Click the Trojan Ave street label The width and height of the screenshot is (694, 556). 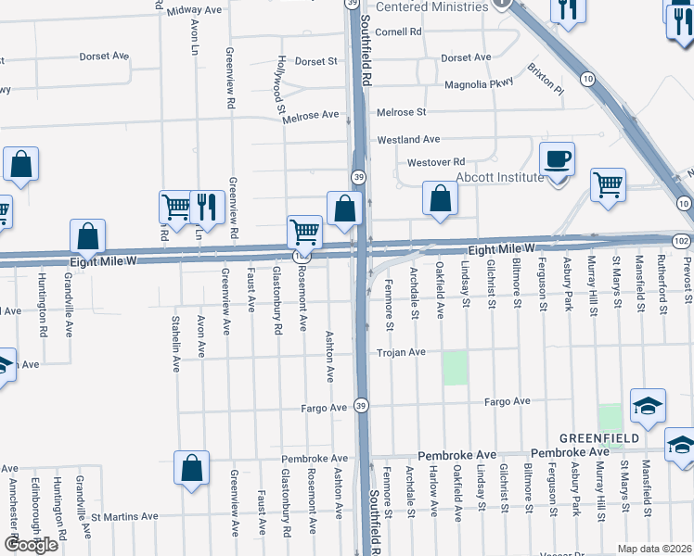pyautogui.click(x=400, y=352)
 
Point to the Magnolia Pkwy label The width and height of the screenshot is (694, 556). pyautogui.click(x=480, y=83)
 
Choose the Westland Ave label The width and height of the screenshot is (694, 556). pyautogui.click(x=407, y=140)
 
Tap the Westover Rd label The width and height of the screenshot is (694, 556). pyautogui.click(x=436, y=162)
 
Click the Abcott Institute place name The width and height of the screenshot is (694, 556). pyautogui.click(x=499, y=177)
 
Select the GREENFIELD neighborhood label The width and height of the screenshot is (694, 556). pyautogui.click(x=598, y=437)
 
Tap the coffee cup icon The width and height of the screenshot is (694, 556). pyautogui.click(x=557, y=159)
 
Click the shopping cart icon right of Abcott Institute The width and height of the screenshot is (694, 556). pyautogui.click(x=608, y=185)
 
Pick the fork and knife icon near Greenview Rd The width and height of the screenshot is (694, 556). pyautogui.click(x=206, y=208)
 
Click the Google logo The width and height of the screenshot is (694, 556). pyautogui.click(x=30, y=545)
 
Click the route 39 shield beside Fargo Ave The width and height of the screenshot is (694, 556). pyautogui.click(x=362, y=405)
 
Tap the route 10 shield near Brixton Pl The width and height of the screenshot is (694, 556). pyautogui.click(x=588, y=80)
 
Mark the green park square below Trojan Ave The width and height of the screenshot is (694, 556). pyautogui.click(x=455, y=368)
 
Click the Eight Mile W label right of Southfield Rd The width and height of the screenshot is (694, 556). pyautogui.click(x=501, y=249)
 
